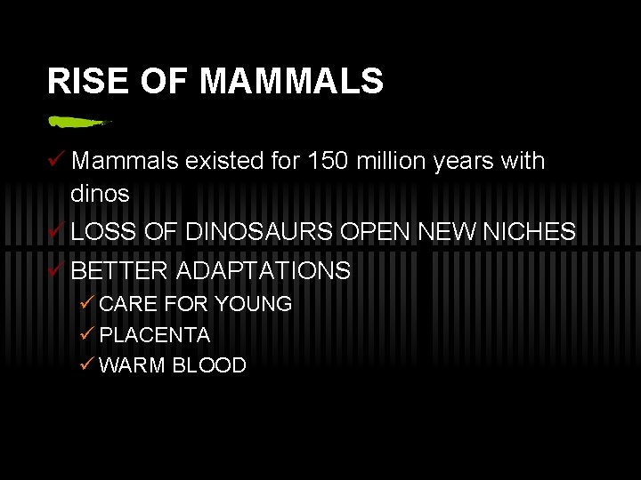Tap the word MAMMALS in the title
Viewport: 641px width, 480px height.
click(292, 82)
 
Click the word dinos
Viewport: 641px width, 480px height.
click(100, 193)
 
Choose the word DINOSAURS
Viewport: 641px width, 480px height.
click(259, 232)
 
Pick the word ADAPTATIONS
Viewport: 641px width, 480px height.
click(264, 270)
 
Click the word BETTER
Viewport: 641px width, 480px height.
click(119, 270)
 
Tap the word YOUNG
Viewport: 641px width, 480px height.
click(253, 304)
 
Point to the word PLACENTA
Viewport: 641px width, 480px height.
click(155, 335)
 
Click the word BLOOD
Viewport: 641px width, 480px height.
click(210, 365)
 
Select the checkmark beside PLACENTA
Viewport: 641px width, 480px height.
click(86, 334)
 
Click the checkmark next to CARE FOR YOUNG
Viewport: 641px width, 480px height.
click(86, 303)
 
